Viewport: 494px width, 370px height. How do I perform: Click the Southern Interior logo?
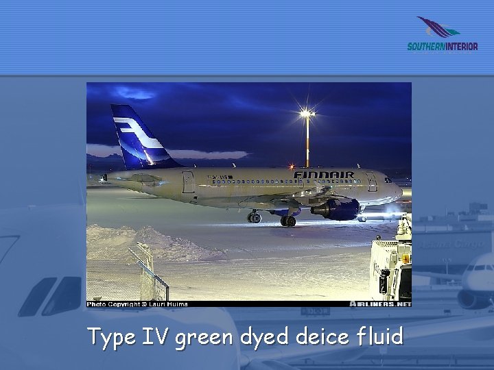(x=442, y=35)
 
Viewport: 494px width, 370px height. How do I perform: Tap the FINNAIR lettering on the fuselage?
(x=324, y=175)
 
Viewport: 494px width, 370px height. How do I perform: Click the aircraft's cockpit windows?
(x=389, y=180)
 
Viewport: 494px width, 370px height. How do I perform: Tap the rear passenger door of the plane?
(x=188, y=182)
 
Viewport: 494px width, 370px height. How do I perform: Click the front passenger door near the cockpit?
(x=370, y=182)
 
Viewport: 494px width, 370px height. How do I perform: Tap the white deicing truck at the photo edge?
(x=391, y=264)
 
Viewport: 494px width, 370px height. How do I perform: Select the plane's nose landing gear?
(x=362, y=217)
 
